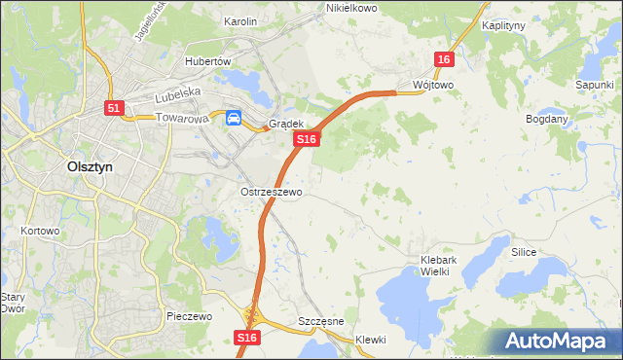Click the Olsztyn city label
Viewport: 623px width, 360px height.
90,166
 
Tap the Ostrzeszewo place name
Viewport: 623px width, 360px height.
272,192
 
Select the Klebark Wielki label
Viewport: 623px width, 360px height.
447,266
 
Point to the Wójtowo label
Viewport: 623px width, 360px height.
433,85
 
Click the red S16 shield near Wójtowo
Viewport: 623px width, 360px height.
444,60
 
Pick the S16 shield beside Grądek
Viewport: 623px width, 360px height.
307,140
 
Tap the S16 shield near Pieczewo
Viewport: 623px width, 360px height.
247,337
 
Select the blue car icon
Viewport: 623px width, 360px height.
235,119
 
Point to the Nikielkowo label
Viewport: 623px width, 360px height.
351,8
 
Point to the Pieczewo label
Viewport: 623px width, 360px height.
189,317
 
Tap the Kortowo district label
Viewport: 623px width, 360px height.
40,232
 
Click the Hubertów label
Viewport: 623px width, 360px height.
207,60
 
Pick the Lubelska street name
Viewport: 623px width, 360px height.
177,92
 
